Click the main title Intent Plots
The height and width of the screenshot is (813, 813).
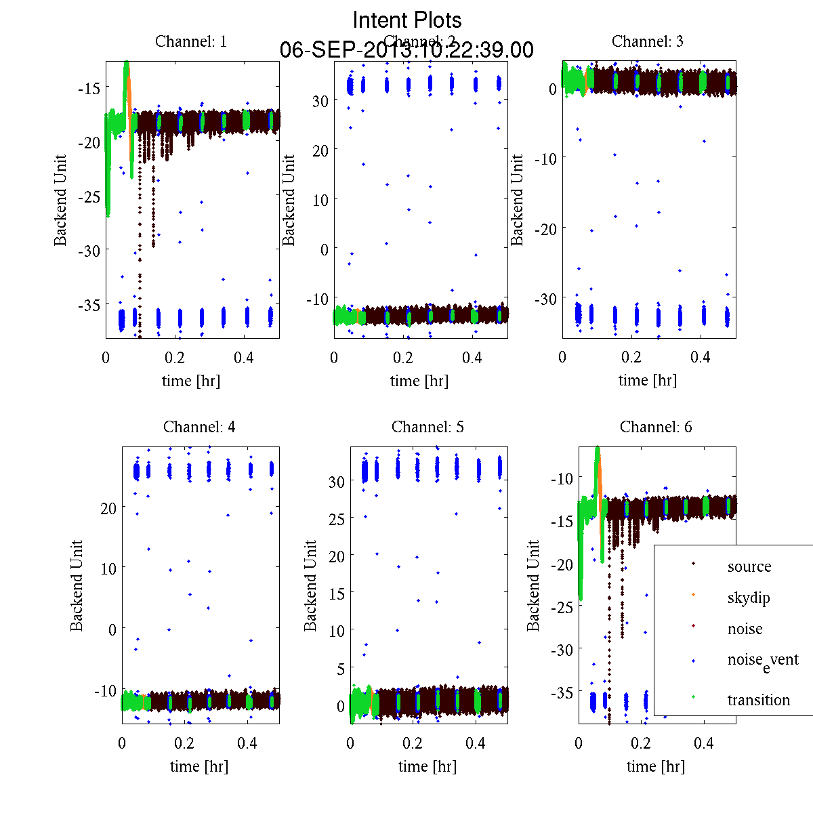407,20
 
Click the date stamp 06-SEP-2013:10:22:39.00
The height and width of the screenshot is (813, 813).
406,50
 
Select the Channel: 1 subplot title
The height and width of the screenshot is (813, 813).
191,41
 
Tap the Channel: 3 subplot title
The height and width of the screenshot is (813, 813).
648,41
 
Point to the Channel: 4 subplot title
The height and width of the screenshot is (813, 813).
199,427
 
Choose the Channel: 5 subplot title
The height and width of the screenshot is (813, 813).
428,427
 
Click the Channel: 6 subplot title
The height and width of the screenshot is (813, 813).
656,427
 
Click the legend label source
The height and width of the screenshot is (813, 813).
749,566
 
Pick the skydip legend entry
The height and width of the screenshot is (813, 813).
749,598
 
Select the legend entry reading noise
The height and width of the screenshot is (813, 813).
745,629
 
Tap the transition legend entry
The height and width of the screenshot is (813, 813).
759,700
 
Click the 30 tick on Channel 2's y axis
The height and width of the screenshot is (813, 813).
320,100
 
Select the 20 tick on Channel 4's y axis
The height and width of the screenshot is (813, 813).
108,507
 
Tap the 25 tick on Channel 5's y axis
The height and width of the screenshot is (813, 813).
336,518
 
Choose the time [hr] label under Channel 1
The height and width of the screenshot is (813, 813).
191,381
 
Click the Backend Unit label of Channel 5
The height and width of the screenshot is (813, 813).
310,585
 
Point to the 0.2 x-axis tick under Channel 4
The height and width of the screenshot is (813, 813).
184,743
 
